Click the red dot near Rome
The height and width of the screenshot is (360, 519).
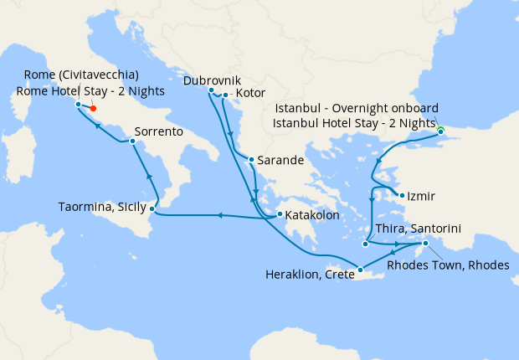tap(93, 108)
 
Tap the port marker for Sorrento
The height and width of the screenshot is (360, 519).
tap(133, 142)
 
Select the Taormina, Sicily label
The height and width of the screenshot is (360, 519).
tap(102, 207)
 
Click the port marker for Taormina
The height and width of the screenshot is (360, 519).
tap(152, 208)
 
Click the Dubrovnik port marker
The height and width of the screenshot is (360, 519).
tap(211, 90)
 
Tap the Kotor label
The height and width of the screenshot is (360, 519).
tap(251, 92)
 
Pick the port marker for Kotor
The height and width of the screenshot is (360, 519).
tap(226, 95)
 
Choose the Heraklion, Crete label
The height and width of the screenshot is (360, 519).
tap(309, 274)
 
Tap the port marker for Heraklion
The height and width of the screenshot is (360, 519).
tap(360, 269)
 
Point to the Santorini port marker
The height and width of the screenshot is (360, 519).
tap(366, 244)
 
